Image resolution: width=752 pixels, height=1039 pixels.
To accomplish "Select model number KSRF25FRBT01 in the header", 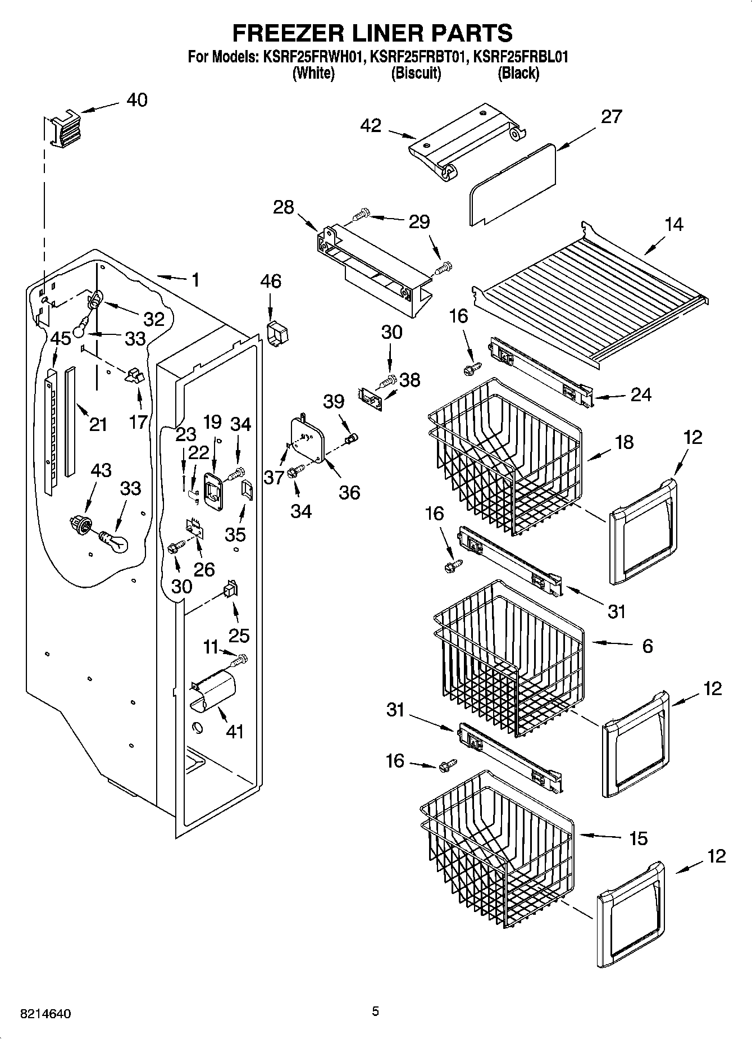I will click(x=418, y=57).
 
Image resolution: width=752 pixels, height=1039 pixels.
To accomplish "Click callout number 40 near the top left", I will click(x=136, y=100).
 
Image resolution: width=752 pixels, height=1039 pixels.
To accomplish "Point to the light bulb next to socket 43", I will click(x=115, y=542).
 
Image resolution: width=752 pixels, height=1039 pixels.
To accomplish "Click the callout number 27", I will click(x=611, y=116).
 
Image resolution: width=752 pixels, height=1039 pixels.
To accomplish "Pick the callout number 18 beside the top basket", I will click(x=624, y=442).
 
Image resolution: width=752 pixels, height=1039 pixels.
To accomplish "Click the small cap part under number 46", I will click(x=277, y=334).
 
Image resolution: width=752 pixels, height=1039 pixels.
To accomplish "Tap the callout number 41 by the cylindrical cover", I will click(x=234, y=732).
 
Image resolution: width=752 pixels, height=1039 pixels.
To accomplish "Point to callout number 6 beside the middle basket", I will click(x=647, y=646).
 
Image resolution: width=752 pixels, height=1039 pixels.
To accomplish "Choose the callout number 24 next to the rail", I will click(x=640, y=394).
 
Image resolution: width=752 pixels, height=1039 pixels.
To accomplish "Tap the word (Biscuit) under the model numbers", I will click(x=416, y=73).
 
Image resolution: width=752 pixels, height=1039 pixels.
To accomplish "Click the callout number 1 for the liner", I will click(x=195, y=280).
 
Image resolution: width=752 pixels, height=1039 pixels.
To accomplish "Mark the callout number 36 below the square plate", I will click(x=349, y=492).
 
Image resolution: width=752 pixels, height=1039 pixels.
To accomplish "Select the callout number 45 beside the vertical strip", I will click(x=61, y=338).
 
